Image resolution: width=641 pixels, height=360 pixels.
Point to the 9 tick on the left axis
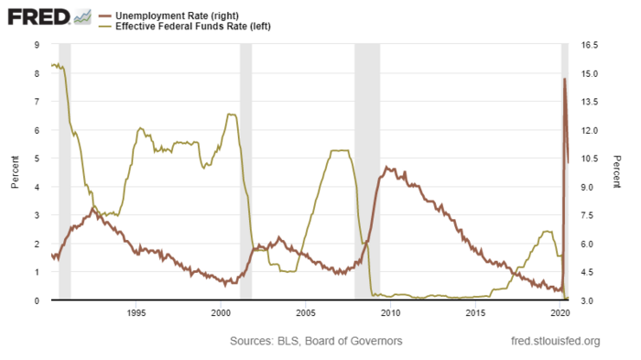click(x=36, y=45)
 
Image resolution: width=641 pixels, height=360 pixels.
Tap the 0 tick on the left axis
click(x=36, y=300)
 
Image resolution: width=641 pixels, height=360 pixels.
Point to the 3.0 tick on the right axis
click(x=587, y=300)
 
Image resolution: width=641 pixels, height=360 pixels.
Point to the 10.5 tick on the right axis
click(x=589, y=158)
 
